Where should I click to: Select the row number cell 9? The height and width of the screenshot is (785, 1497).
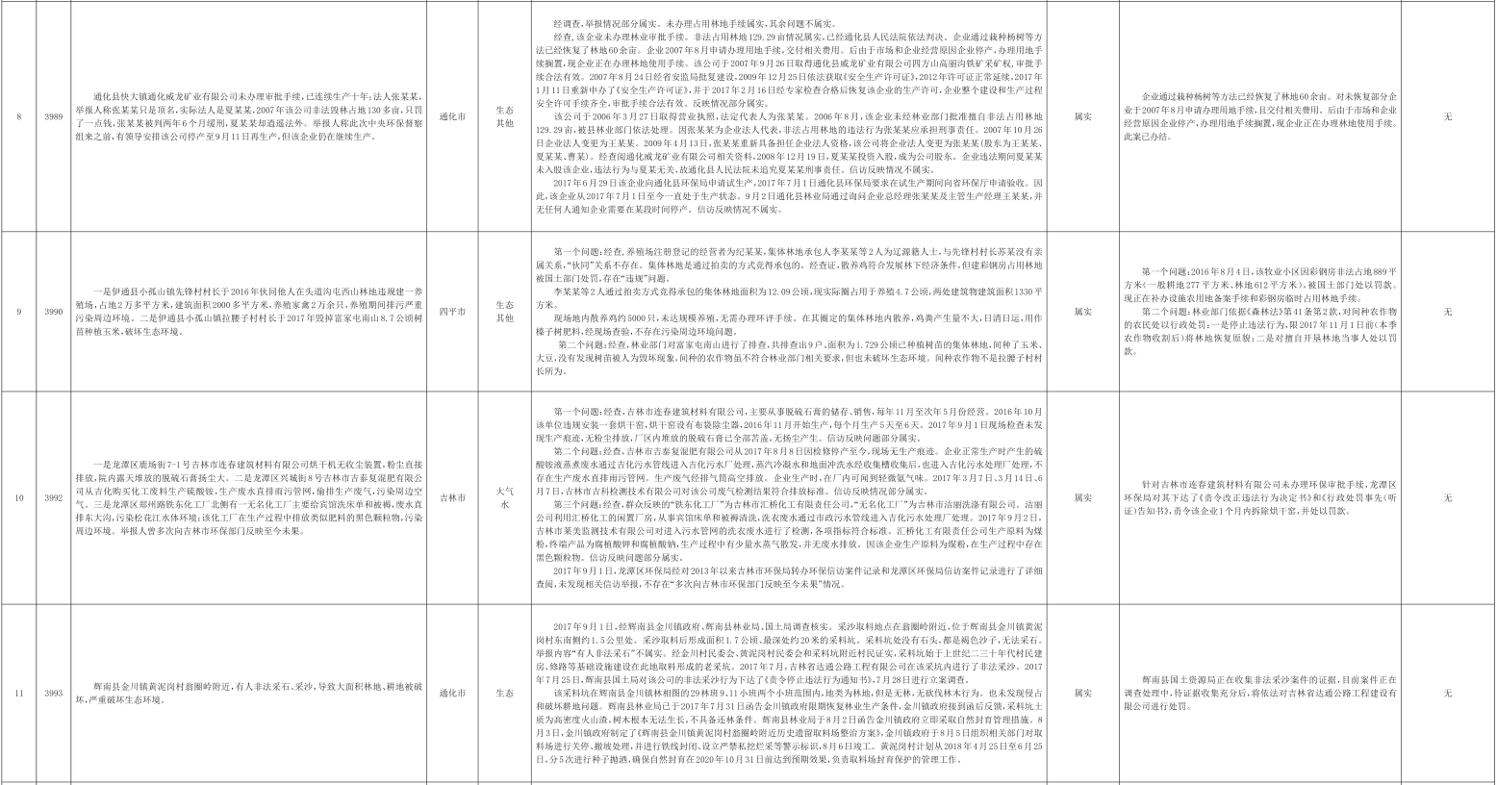(x=18, y=312)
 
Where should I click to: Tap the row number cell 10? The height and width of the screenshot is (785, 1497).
(x=18, y=497)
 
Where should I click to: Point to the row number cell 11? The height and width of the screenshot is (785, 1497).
(x=18, y=692)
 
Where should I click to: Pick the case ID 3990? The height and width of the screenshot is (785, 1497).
(x=54, y=312)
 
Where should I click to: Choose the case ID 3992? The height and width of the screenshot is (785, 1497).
(x=54, y=497)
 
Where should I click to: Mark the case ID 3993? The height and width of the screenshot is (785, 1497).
(x=54, y=692)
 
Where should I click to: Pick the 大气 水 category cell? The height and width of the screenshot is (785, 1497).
(x=504, y=497)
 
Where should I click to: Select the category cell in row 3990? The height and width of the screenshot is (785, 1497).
(x=504, y=312)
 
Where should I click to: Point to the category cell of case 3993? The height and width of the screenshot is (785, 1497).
(x=504, y=692)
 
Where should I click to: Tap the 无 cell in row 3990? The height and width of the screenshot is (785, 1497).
(x=1447, y=312)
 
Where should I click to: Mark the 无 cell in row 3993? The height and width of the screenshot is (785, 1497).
(x=1447, y=692)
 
